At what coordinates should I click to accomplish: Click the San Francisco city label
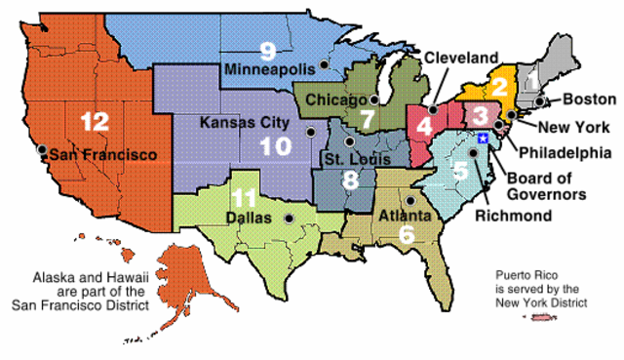tap(103, 154)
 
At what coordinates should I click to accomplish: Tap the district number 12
tap(94, 122)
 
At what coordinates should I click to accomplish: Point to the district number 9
tap(267, 49)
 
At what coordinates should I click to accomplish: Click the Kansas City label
tap(244, 123)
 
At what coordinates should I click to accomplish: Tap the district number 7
tap(366, 120)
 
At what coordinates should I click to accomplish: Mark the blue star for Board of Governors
tap(483, 140)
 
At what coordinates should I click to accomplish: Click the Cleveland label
tap(461, 57)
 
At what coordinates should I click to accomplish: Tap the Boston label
tap(588, 100)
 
